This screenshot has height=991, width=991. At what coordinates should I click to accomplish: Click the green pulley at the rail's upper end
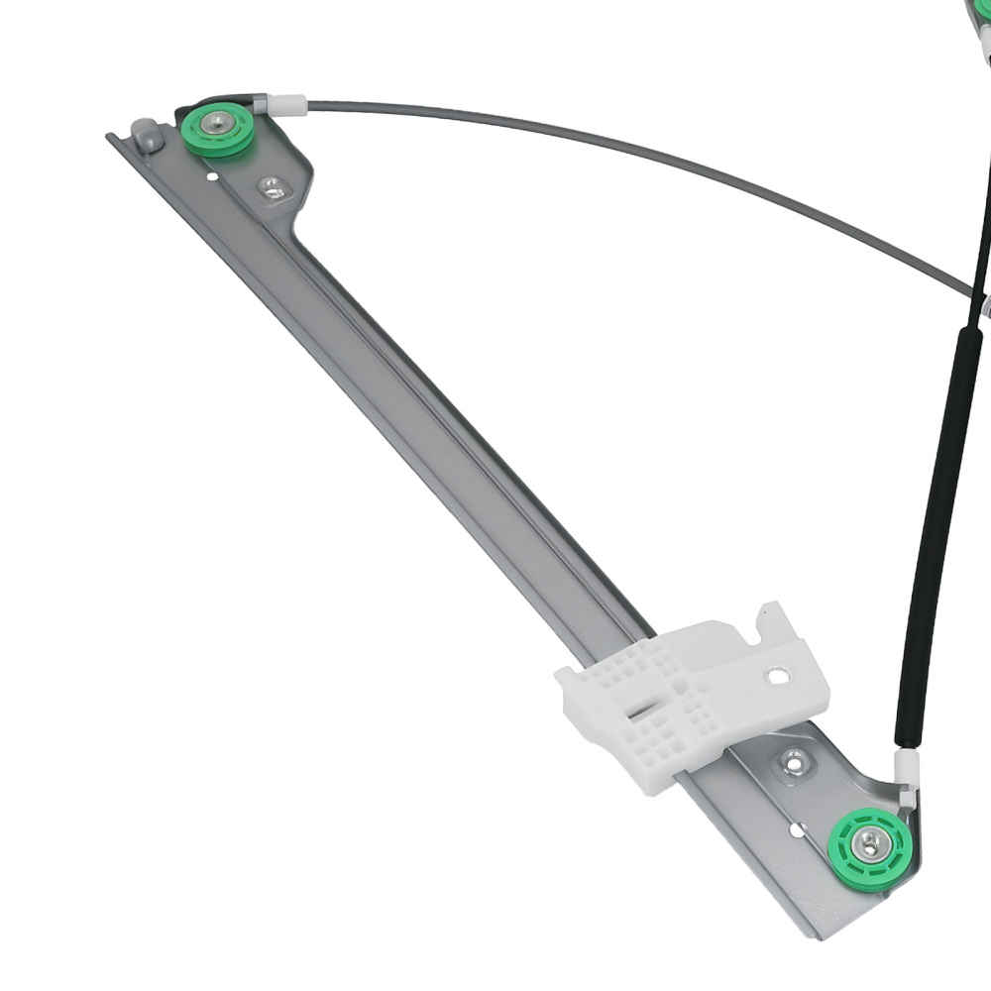pyautogui.click(x=217, y=130)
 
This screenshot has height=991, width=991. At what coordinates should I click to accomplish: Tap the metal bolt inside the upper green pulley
pyautogui.click(x=217, y=125)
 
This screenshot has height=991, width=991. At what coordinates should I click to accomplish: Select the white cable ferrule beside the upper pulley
pyautogui.click(x=287, y=103)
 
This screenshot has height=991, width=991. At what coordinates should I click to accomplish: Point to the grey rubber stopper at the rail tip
pyautogui.click(x=147, y=134)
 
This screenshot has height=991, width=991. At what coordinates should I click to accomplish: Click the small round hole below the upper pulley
pyautogui.click(x=211, y=177)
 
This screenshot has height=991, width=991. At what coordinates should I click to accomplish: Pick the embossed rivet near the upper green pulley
pyautogui.click(x=270, y=185)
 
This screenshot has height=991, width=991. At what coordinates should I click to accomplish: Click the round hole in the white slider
pyautogui.click(x=778, y=677)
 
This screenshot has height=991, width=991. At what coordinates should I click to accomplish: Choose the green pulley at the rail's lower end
pyautogui.click(x=869, y=847)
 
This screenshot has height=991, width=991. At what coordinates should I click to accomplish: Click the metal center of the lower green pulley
pyautogui.click(x=869, y=843)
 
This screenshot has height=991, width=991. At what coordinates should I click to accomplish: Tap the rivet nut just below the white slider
pyautogui.click(x=794, y=761)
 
